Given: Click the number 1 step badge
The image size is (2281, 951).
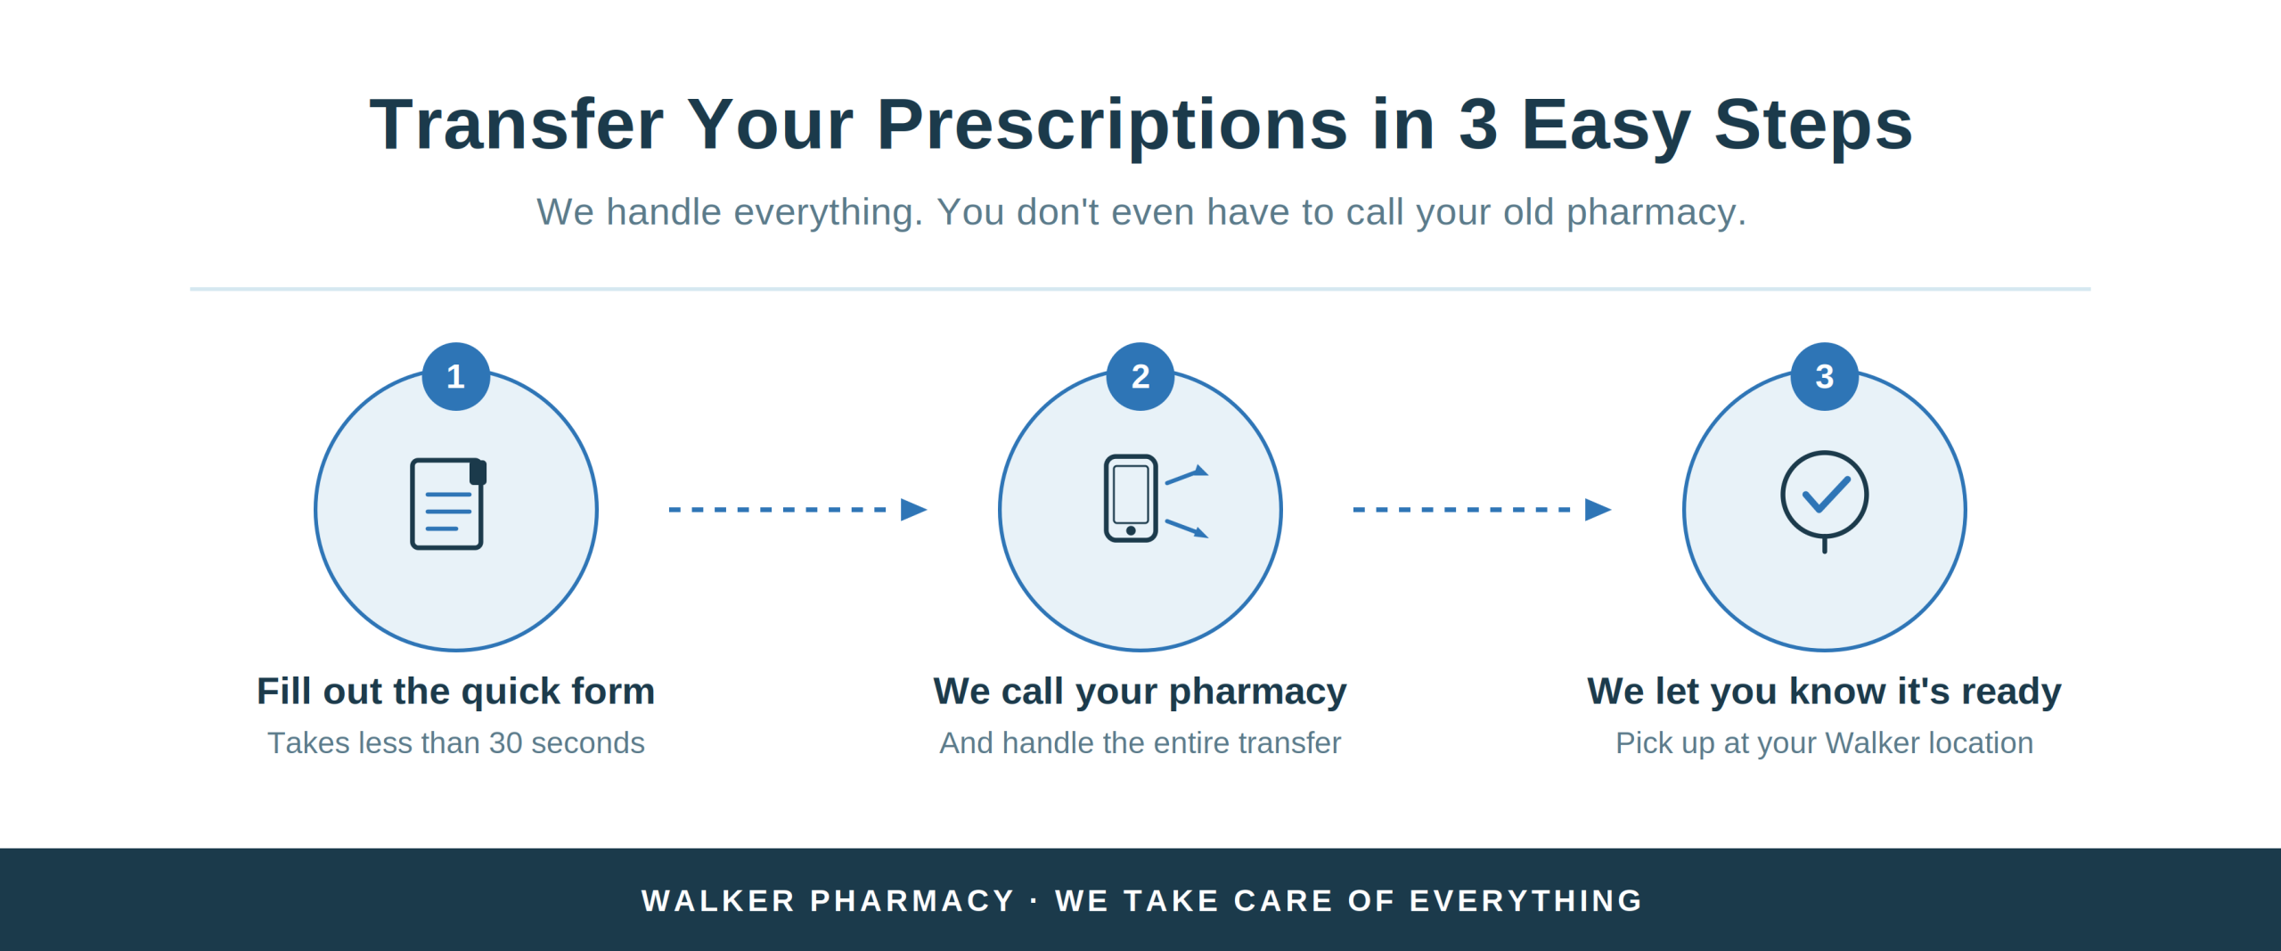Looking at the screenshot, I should click(x=455, y=376).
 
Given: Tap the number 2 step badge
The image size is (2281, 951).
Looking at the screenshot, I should click(x=1140, y=376).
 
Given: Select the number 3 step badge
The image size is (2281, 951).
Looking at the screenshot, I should click(x=1824, y=376).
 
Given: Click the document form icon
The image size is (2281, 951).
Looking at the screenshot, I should click(x=447, y=504).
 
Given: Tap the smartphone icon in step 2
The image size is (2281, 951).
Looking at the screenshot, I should click(x=1131, y=498).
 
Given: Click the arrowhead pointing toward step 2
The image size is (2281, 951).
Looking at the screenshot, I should click(x=913, y=510).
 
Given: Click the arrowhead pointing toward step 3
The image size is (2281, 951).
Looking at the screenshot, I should click(x=1598, y=510).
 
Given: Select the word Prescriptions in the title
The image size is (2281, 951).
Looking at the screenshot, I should click(x=1112, y=125).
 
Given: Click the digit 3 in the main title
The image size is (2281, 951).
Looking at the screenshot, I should click(x=1477, y=125).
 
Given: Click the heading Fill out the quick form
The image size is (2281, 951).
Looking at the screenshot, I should click(x=455, y=692).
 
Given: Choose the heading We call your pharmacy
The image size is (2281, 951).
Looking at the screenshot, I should click(x=1140, y=692).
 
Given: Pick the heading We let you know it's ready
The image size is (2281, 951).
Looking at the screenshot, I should click(x=1824, y=692).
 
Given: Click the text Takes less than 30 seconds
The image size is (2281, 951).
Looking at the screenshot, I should click(x=455, y=742).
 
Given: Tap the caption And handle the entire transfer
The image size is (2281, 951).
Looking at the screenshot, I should click(x=1140, y=742).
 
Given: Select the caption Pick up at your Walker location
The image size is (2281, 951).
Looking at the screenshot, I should click(x=1824, y=742).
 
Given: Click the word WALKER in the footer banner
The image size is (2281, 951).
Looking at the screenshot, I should click(x=718, y=900).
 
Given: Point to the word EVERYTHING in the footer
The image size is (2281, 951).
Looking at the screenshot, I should click(x=1526, y=900).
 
